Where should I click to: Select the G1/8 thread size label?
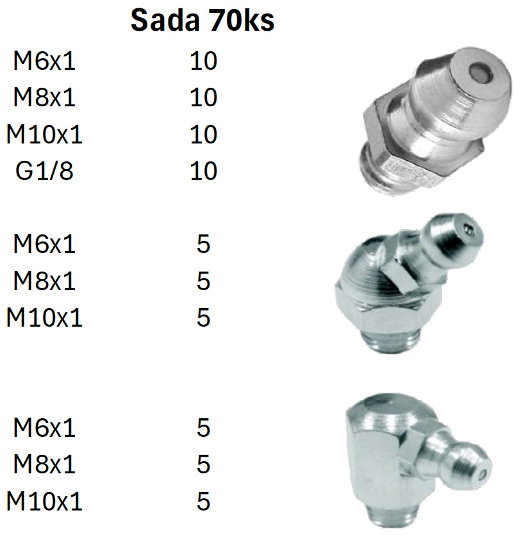(44, 171)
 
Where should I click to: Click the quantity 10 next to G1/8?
(204, 171)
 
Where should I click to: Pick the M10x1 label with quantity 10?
(44, 135)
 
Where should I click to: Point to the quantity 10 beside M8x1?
(204, 97)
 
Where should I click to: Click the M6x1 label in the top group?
(44, 61)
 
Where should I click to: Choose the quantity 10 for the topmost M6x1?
(204, 61)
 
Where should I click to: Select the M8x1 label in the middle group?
(44, 281)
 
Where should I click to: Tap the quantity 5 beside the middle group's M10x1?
(204, 318)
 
